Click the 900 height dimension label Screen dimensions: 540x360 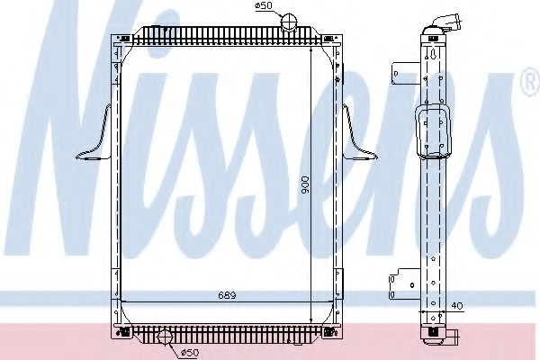point(305,185)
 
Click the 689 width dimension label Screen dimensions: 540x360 point(227,295)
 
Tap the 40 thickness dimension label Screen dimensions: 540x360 point(457,306)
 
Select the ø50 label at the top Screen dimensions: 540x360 point(264,5)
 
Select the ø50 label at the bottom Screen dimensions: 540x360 point(190,353)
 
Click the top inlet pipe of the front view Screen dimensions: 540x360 point(288,22)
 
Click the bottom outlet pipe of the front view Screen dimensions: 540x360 point(165,337)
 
